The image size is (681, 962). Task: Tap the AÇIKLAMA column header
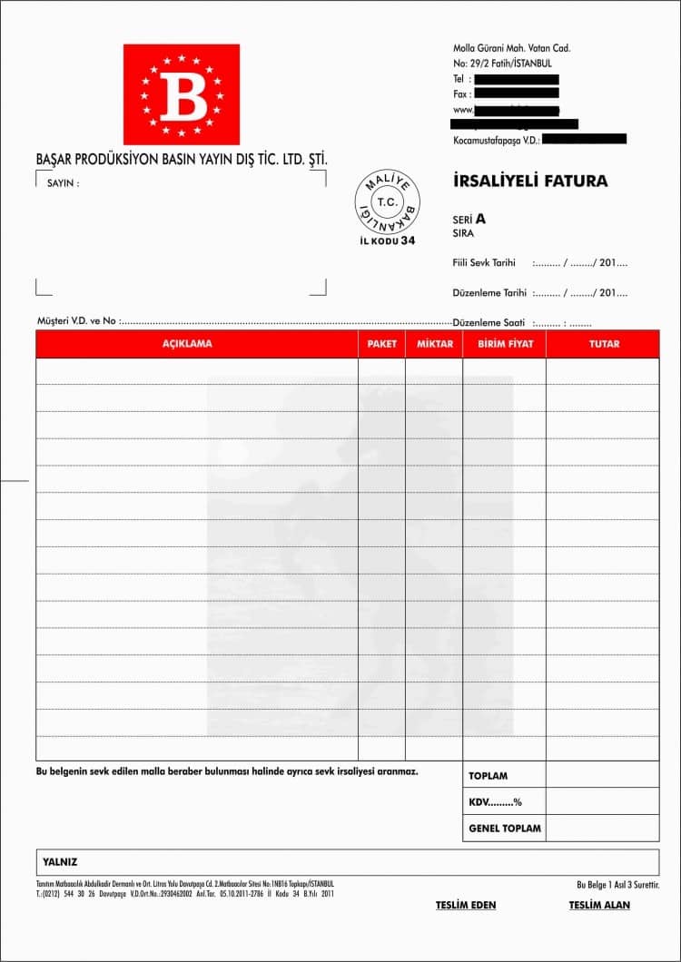pos(187,345)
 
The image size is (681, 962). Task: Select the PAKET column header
pos(382,345)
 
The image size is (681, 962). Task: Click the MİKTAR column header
pos(434,345)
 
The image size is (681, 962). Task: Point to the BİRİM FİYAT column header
pos(505,345)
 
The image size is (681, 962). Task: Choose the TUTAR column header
pos(604,345)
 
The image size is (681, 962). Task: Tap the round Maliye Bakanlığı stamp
pos(388,201)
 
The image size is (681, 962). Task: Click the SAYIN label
pos(63,183)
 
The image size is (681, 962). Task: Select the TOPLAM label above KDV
pos(489,776)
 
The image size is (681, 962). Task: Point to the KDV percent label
pos(496,802)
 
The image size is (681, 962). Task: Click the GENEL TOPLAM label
pos(505,829)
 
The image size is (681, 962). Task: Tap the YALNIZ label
pos(60,862)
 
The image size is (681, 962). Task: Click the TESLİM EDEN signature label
pos(466,905)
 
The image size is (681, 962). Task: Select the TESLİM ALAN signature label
pos(599,905)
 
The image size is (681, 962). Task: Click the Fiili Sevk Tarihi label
pos(484,263)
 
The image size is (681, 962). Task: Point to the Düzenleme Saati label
pos(489,323)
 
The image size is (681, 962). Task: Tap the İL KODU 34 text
pos(388,241)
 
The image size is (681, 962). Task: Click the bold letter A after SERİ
pos(480,219)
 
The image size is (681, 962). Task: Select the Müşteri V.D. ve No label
pos(76,321)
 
